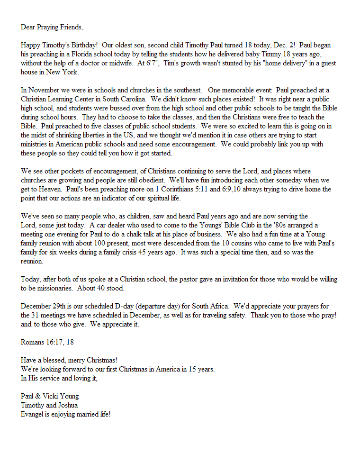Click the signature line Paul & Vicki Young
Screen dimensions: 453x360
pyautogui.click(x=50, y=396)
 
